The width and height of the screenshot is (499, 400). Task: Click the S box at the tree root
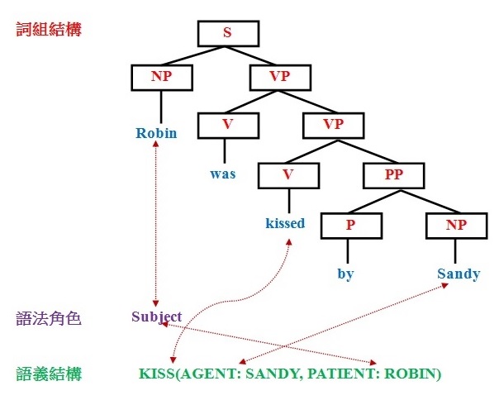[228, 33]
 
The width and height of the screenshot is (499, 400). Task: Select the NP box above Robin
[162, 78]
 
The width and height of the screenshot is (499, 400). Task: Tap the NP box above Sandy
[455, 224]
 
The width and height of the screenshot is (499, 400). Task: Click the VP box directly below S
[279, 78]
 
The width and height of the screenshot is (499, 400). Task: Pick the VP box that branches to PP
[333, 126]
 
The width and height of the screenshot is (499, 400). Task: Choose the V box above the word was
[228, 126]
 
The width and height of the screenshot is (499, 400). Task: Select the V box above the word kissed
[288, 174]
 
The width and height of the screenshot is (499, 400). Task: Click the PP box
[393, 174]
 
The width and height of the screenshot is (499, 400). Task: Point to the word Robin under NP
[157, 133]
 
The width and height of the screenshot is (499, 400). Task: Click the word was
[223, 174]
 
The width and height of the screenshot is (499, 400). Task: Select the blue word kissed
[285, 223]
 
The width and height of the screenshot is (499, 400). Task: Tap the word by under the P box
[345, 274]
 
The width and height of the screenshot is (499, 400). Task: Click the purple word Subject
[156, 317]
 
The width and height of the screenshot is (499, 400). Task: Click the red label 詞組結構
[49, 30]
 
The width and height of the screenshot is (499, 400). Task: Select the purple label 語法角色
[49, 317]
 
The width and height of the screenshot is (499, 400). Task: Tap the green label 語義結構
[49, 374]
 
